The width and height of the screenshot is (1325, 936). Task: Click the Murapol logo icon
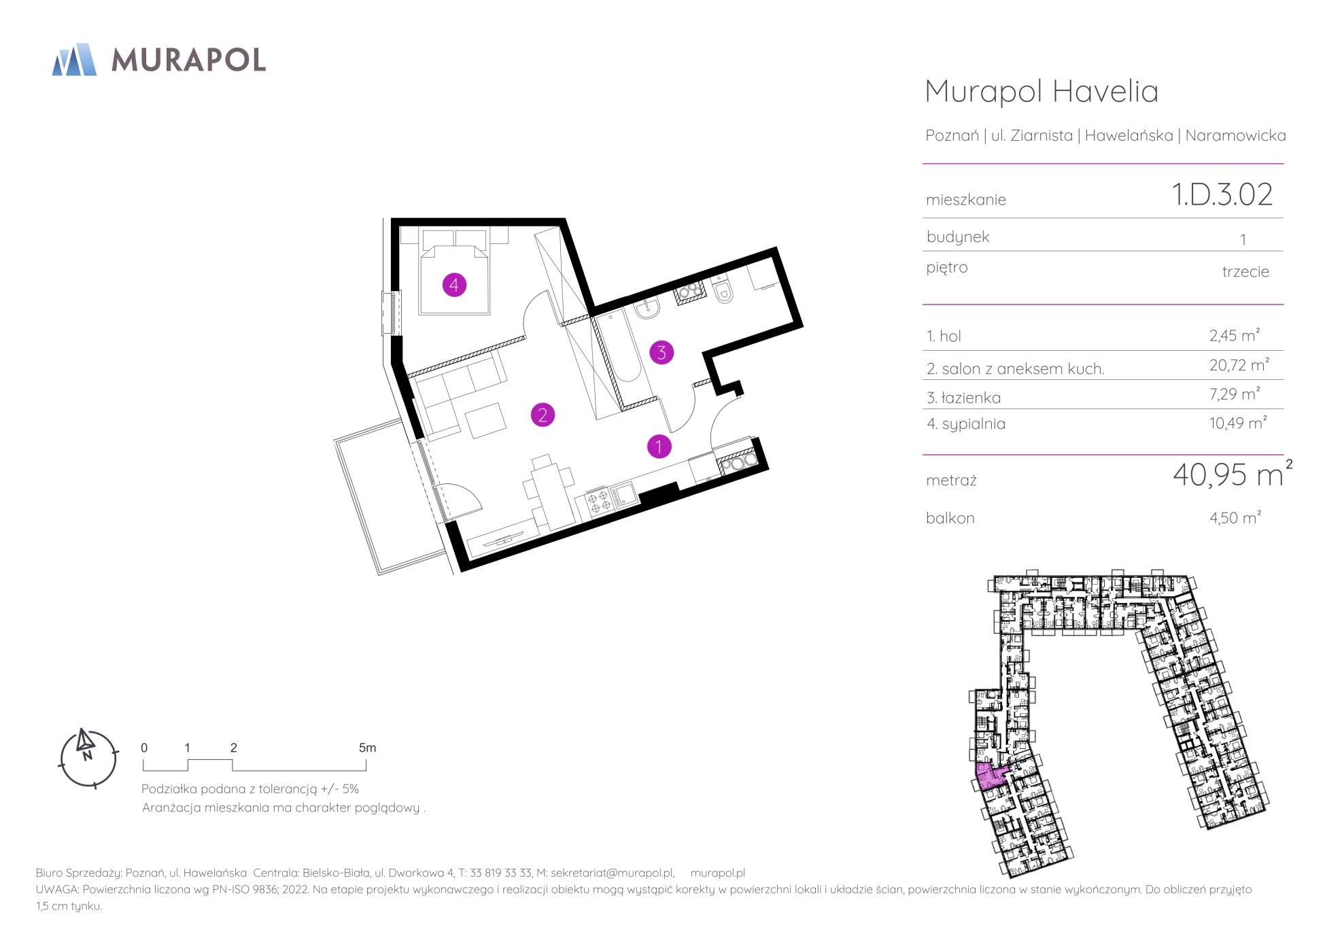click(x=74, y=59)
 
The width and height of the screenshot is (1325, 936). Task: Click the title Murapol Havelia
click(x=1042, y=92)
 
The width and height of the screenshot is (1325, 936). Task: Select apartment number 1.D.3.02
click(x=1222, y=194)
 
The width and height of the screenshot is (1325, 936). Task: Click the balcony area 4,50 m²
click(x=1235, y=517)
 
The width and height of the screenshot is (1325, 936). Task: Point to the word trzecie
click(x=1245, y=271)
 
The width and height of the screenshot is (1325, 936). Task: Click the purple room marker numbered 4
click(x=454, y=285)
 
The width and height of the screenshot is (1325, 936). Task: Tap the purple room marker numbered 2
click(x=543, y=415)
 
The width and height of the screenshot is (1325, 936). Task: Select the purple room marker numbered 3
click(x=661, y=352)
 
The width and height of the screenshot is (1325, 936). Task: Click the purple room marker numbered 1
click(x=659, y=447)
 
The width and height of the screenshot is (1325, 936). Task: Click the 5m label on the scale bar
click(x=367, y=748)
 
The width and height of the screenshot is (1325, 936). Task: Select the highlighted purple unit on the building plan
click(x=991, y=775)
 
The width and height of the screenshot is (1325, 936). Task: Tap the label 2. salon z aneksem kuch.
click(x=1015, y=369)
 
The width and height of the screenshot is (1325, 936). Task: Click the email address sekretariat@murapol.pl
click(x=612, y=873)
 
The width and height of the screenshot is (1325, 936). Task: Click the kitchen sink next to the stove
click(x=623, y=494)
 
